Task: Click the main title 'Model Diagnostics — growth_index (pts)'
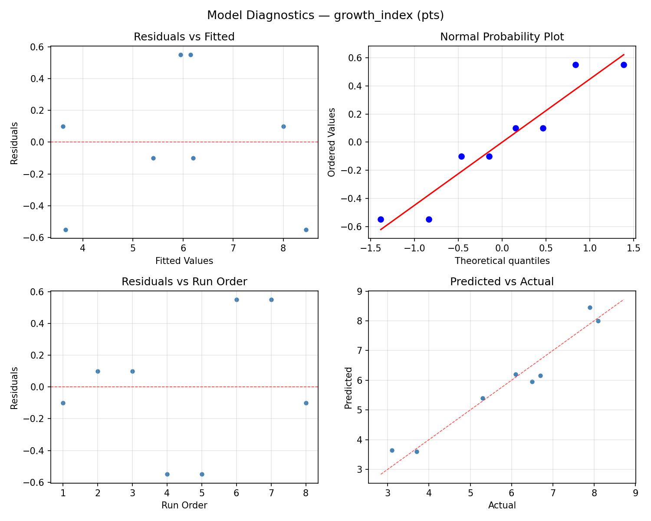click(325, 16)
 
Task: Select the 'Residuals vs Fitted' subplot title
click(184, 37)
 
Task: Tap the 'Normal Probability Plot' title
click(502, 37)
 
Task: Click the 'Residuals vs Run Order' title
click(184, 282)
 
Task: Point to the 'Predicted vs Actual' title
click(502, 282)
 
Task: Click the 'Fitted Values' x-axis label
click(184, 261)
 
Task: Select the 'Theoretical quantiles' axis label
click(502, 261)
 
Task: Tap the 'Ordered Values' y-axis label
click(332, 142)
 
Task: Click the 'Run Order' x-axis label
click(184, 505)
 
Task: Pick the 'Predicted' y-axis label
click(348, 387)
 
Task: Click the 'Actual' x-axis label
click(502, 505)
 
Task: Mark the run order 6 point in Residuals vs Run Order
click(237, 300)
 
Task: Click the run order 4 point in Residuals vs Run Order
click(167, 474)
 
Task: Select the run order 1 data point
click(63, 403)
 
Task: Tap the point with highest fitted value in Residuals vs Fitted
click(306, 230)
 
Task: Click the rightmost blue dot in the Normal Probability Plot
click(624, 65)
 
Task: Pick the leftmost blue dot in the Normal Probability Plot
click(381, 219)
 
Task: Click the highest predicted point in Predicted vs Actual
click(590, 307)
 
